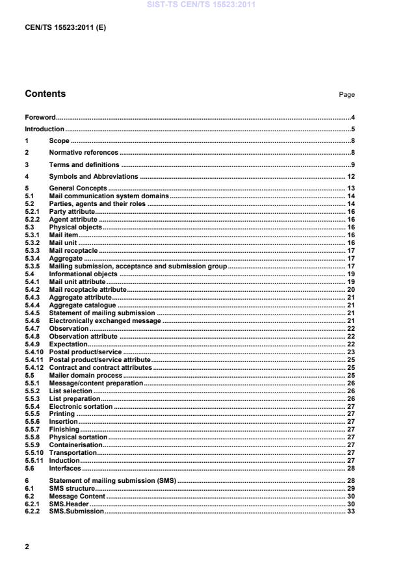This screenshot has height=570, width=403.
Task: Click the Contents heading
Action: click(x=45, y=94)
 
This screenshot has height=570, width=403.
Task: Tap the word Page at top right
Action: click(x=346, y=95)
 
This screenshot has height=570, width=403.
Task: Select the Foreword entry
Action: click(x=40, y=118)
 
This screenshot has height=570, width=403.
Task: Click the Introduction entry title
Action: click(x=44, y=129)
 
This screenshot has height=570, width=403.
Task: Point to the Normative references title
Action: click(x=84, y=152)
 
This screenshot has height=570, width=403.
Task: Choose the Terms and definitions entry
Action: click(x=84, y=164)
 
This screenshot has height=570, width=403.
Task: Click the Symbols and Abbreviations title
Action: click(x=94, y=176)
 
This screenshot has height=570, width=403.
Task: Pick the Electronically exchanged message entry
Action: click(x=105, y=320)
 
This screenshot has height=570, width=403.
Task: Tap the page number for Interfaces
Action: click(x=350, y=468)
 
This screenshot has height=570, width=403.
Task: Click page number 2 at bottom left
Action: click(x=27, y=547)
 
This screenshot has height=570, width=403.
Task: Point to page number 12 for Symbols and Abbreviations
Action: click(x=350, y=176)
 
